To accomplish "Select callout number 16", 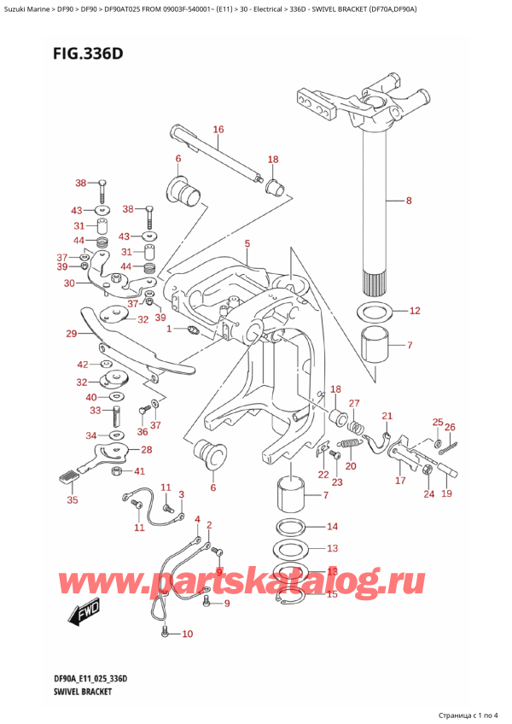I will [218, 130].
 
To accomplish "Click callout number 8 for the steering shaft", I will [408, 201].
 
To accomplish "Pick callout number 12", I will [415, 311].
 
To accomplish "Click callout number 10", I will [187, 633].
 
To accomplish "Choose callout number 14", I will [332, 527].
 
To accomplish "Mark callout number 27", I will [354, 404].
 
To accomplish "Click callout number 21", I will [387, 416].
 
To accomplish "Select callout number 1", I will [169, 329].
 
